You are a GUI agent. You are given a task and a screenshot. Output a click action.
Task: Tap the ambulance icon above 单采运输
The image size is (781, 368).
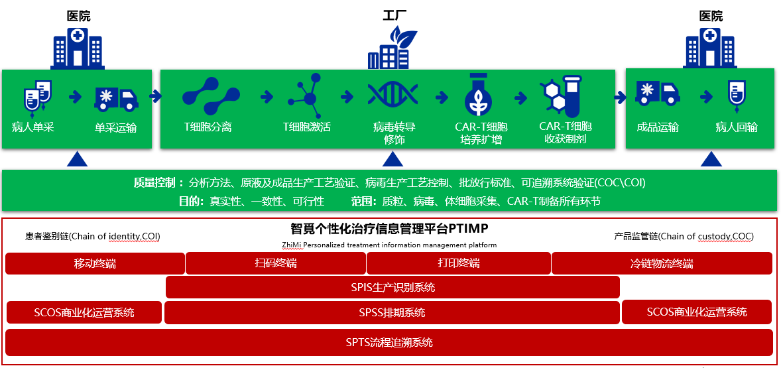(116, 99)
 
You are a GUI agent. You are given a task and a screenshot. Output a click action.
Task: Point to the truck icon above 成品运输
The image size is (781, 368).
(658, 94)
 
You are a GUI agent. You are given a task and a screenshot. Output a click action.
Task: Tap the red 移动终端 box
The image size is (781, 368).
(95, 263)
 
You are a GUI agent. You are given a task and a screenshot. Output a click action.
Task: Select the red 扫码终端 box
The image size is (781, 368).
(276, 263)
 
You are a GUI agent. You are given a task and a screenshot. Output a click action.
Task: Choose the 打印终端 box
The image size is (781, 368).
(459, 263)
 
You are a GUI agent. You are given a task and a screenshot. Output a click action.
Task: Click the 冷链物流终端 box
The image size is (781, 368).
(662, 263)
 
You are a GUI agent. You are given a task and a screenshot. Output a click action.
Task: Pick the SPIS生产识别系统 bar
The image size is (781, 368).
(392, 288)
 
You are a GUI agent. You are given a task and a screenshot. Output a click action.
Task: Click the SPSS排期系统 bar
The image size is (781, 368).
(392, 312)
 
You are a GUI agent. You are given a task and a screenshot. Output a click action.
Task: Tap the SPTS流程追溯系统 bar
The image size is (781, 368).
(389, 342)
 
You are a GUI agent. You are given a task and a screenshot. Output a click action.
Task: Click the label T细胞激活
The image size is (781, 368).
(306, 127)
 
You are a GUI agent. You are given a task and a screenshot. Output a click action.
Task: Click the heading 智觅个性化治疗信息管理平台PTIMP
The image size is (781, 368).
(390, 229)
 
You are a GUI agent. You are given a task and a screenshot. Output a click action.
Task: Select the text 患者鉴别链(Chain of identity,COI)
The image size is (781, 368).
(93, 236)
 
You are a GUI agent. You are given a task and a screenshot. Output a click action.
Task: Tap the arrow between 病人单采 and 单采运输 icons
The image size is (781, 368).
(75, 97)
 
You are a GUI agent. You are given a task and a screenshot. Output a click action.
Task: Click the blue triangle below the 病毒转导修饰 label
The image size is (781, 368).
(392, 159)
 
